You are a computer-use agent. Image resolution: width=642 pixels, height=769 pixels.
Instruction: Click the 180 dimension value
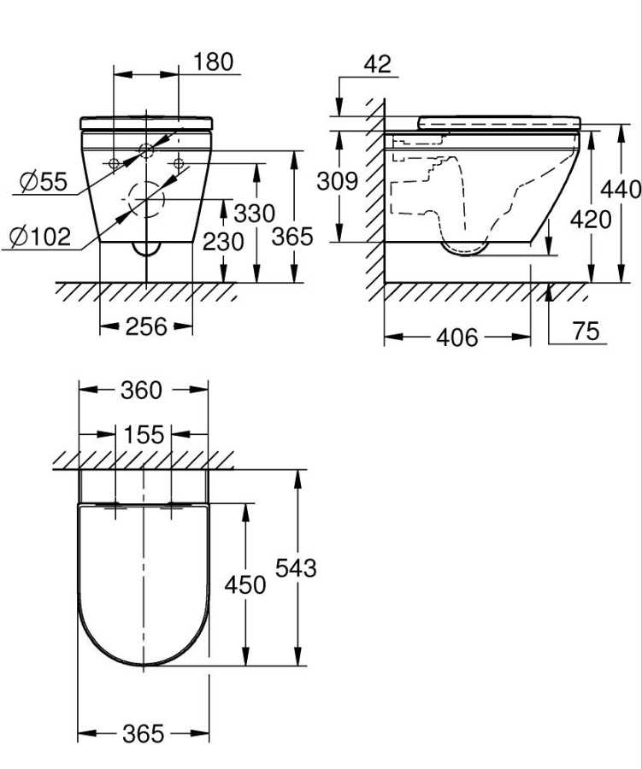213,62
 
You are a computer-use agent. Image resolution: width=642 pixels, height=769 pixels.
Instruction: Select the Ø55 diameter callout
41,181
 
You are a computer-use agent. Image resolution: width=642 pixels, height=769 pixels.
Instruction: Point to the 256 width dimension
145,327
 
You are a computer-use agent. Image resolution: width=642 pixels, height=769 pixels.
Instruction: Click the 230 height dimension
223,242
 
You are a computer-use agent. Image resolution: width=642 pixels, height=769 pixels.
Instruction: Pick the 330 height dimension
256,213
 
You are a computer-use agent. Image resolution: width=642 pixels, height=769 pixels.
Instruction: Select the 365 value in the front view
292,237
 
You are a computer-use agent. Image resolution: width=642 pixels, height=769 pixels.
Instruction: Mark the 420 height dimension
592,220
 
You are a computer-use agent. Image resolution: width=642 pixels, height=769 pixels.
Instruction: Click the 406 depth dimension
457,338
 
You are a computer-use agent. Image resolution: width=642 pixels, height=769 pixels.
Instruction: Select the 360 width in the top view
141,390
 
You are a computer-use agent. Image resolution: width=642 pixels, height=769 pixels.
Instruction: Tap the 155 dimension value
143,435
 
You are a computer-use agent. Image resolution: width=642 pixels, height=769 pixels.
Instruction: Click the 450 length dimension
245,584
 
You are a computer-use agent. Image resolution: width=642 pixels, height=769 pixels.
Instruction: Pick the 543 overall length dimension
296,567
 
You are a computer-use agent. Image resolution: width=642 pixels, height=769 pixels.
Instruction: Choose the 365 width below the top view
143,734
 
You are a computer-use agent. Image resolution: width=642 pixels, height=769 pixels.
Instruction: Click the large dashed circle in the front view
146,202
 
